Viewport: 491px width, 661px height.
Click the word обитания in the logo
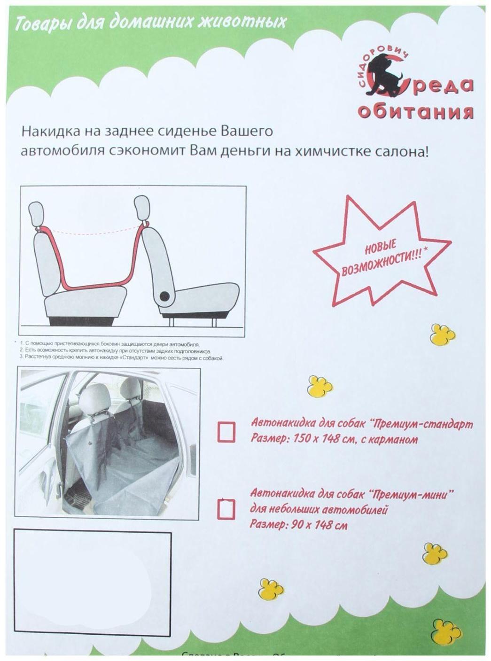pyautogui.click(x=415, y=112)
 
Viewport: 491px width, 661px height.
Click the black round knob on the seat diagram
pyautogui.click(x=165, y=296)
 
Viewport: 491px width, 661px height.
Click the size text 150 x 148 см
pyautogui.click(x=321, y=439)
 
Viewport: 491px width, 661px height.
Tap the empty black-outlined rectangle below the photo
pyautogui.click(x=92, y=583)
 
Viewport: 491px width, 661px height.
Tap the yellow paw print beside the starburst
pyautogui.click(x=443, y=334)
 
